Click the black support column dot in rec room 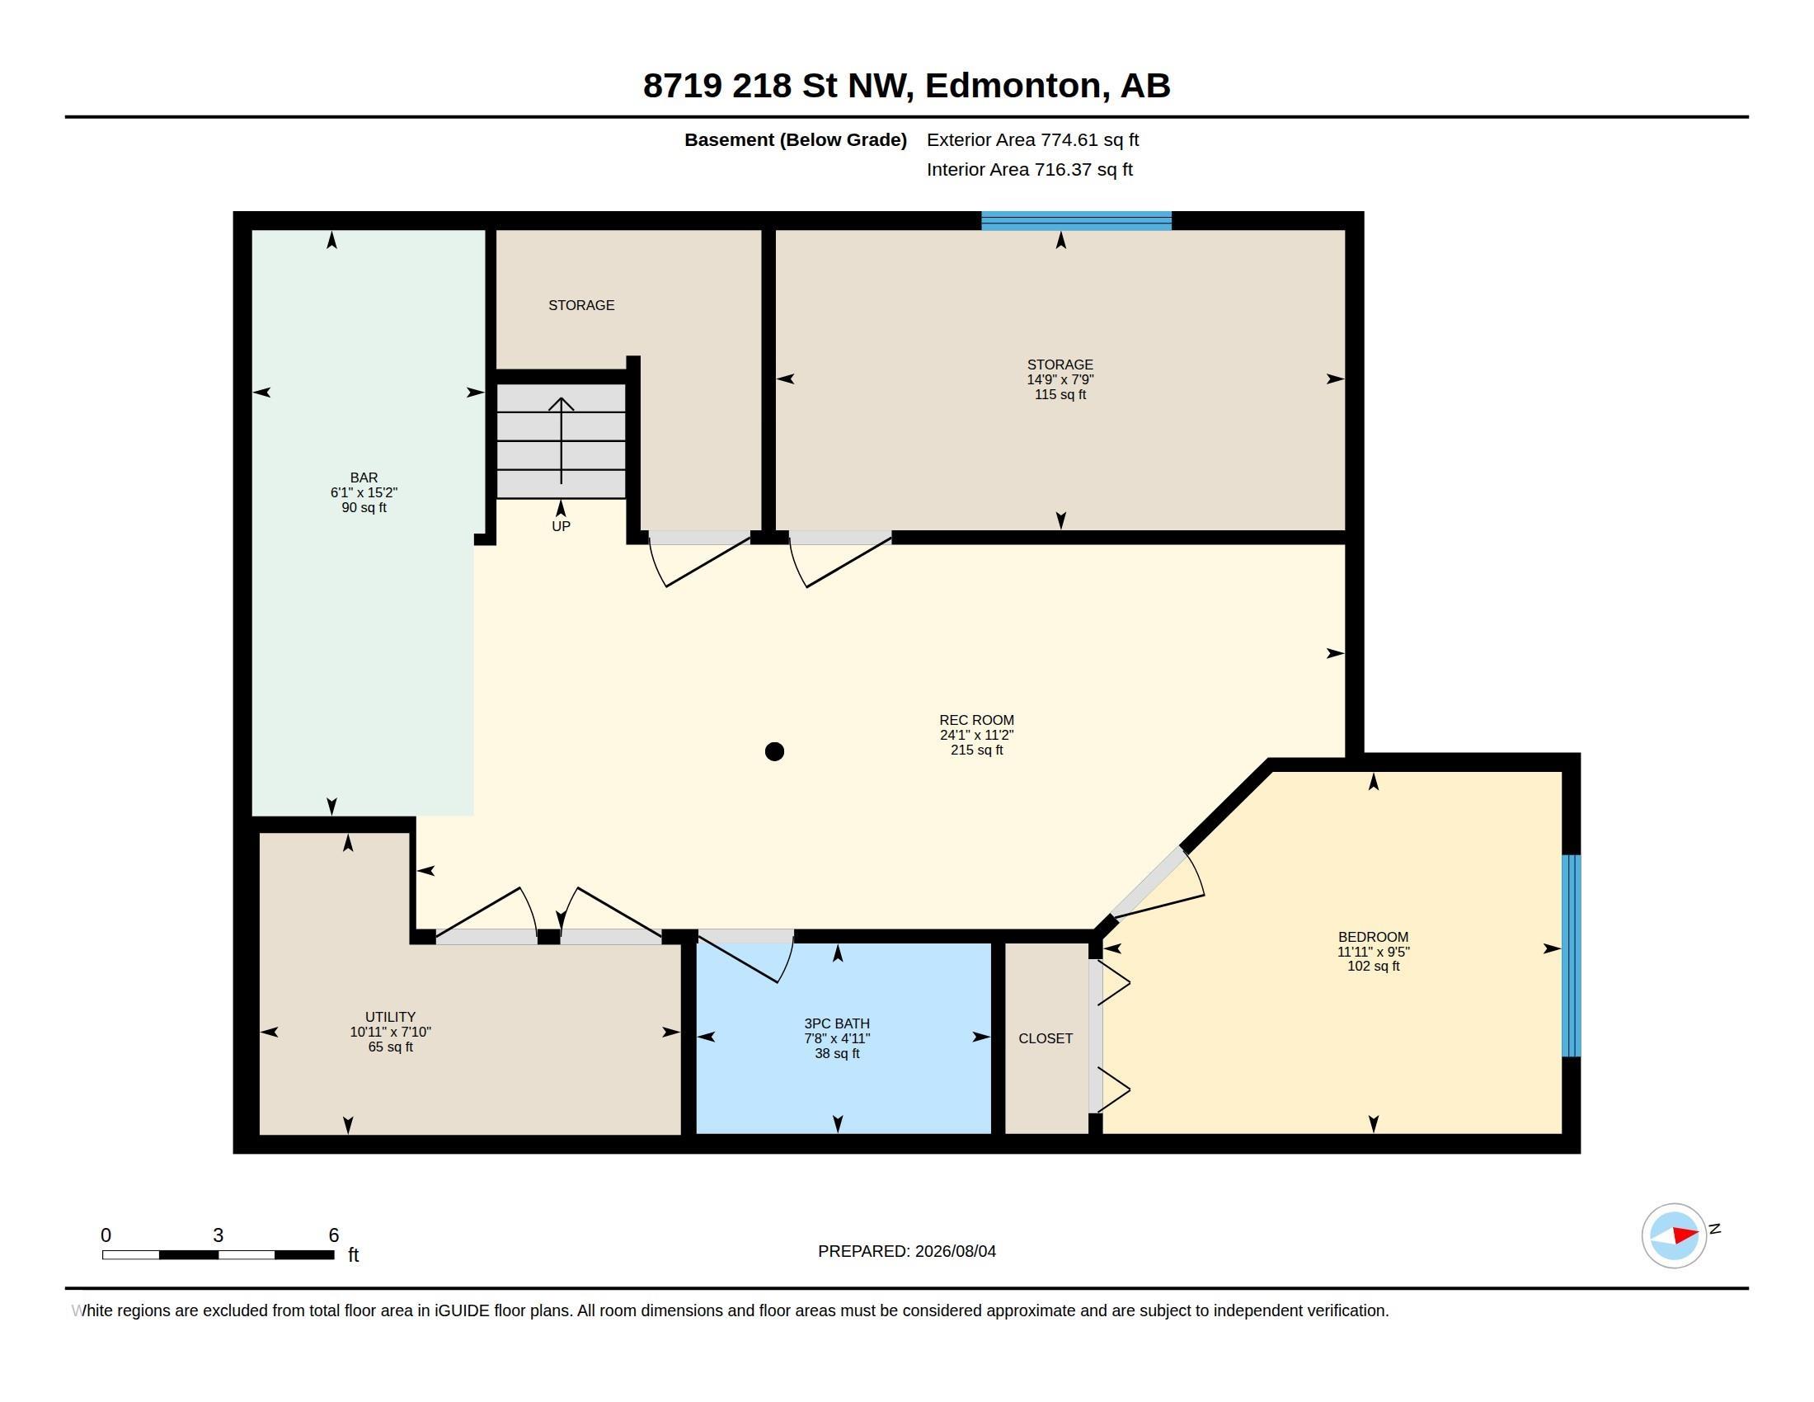click(774, 751)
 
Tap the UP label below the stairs click(561, 527)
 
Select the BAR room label click(364, 478)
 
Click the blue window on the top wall click(1075, 221)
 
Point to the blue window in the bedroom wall click(1571, 955)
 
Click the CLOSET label click(1046, 1038)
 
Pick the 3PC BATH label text click(837, 1023)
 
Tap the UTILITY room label click(390, 1017)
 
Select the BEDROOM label click(1373, 937)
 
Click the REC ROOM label click(977, 720)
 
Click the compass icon click(1674, 1235)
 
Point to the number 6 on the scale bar click(334, 1235)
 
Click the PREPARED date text click(907, 1251)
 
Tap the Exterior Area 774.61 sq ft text click(1032, 139)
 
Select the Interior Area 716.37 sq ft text click(1029, 169)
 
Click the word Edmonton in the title click(1017, 86)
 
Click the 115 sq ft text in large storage click(1060, 394)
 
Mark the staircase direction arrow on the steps click(562, 440)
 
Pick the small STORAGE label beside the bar click(581, 306)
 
